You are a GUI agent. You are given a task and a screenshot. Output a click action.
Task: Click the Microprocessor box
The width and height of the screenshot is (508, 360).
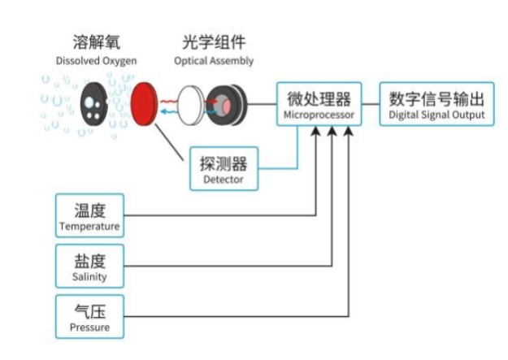click(x=318, y=106)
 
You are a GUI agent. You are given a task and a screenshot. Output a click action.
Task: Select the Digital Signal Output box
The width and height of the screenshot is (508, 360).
click(x=436, y=106)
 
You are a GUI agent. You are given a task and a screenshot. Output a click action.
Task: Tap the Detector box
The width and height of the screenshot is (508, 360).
click(x=222, y=168)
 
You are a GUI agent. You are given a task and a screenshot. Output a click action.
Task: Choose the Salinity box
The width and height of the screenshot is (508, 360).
click(x=89, y=266)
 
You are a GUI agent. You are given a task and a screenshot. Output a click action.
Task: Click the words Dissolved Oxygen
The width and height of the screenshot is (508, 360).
click(x=97, y=61)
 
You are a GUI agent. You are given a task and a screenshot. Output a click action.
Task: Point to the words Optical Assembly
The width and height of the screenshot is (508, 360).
click(x=214, y=61)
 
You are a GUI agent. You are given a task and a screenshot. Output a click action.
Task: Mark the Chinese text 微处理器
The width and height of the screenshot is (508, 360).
click(x=318, y=99)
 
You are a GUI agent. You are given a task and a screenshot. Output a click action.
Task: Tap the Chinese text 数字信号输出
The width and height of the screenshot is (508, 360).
click(x=436, y=99)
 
